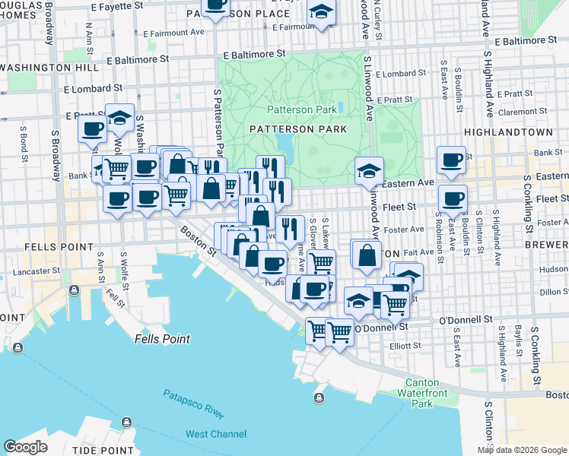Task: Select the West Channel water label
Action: click(216, 434)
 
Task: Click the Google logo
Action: click(25, 447)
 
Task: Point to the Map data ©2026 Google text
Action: click(522, 450)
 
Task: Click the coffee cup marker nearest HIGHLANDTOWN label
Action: click(451, 160)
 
